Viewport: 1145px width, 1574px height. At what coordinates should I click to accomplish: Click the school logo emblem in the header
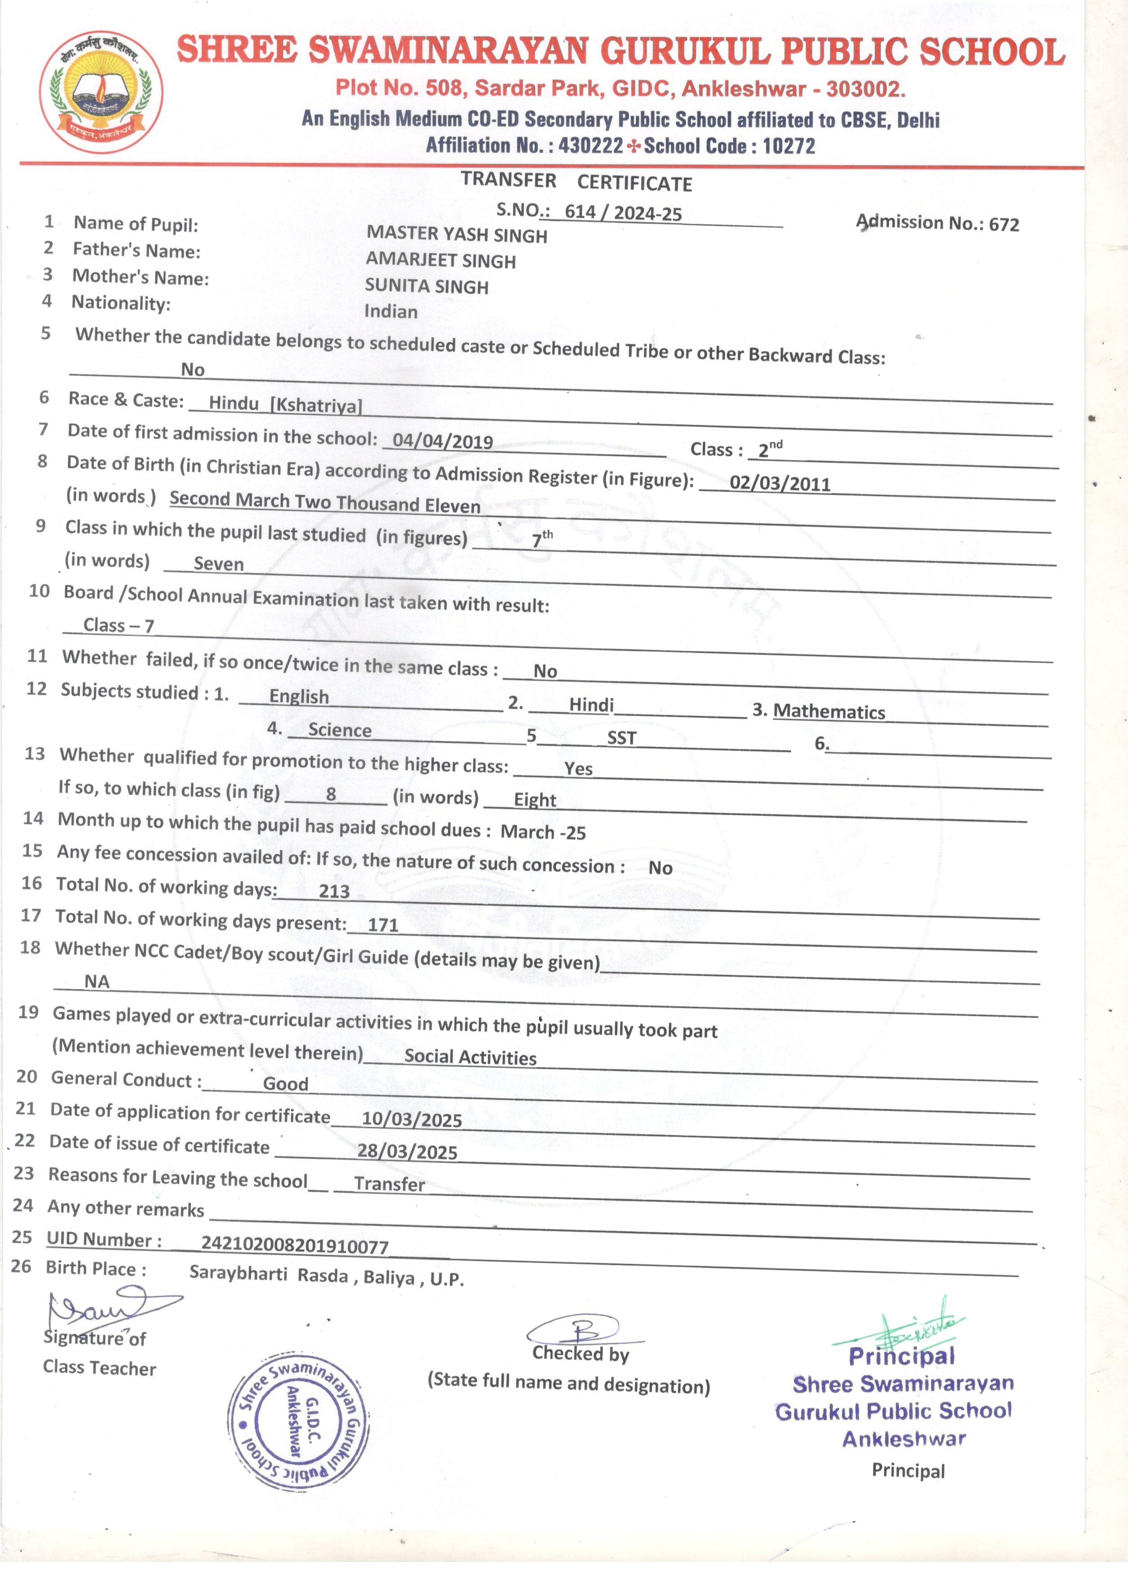[101, 92]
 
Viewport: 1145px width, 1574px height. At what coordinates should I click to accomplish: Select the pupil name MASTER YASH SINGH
[457, 235]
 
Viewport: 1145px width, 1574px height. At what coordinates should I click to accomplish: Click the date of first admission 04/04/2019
[443, 441]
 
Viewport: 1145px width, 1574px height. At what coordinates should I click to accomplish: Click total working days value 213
[334, 891]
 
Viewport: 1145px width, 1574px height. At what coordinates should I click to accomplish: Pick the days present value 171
[383, 925]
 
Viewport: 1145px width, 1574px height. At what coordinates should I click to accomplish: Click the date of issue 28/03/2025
[408, 1152]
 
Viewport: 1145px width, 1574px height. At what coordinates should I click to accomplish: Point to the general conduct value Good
[286, 1084]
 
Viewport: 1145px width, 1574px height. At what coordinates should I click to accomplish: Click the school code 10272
[789, 146]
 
